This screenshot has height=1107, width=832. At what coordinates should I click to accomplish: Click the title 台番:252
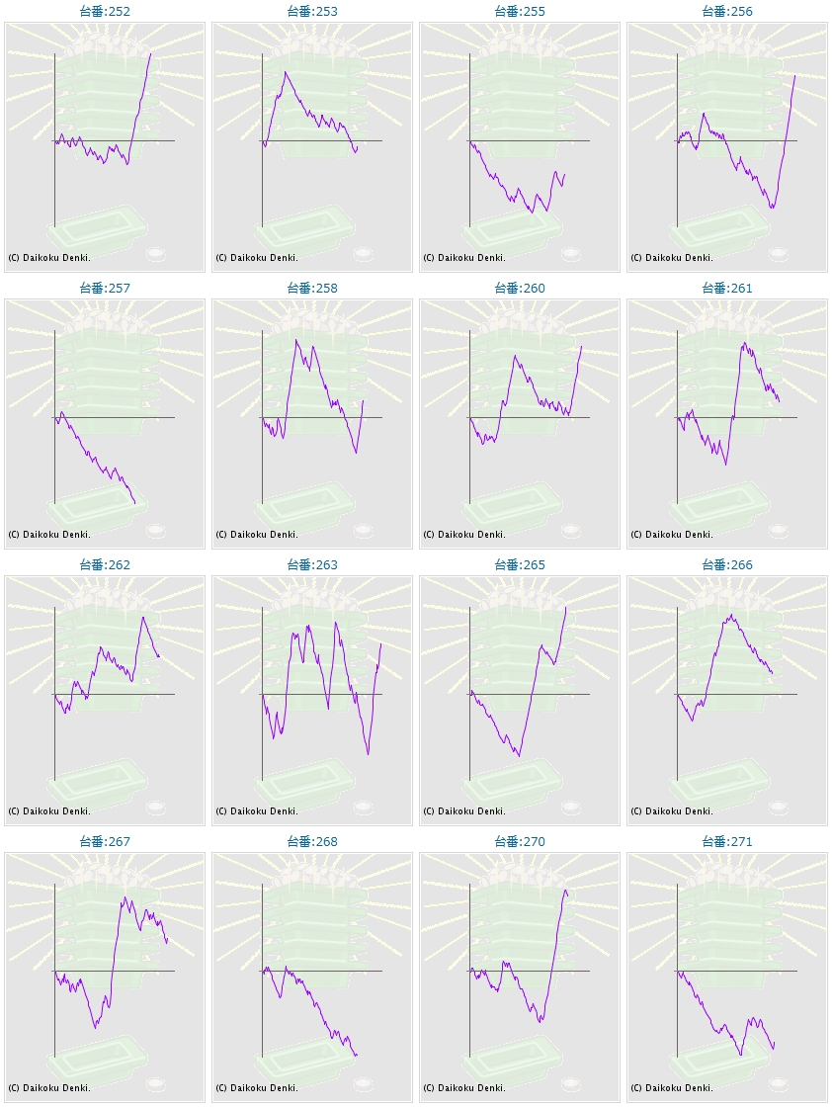click(105, 12)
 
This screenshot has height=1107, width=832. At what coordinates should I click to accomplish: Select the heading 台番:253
click(312, 12)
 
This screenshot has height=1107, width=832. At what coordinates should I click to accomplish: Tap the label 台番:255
click(520, 12)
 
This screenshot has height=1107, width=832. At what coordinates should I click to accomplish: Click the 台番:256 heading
click(727, 12)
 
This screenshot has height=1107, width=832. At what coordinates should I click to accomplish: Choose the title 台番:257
click(105, 289)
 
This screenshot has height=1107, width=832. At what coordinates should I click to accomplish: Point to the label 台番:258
click(312, 289)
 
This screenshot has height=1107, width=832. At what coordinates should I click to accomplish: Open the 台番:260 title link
click(520, 289)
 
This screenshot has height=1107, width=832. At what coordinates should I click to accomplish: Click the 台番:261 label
click(727, 289)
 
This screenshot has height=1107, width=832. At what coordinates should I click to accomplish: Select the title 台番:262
click(105, 565)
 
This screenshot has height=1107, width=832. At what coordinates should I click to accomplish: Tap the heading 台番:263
click(312, 565)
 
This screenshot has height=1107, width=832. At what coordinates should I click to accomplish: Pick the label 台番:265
click(520, 565)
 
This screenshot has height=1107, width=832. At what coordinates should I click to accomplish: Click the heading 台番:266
click(727, 565)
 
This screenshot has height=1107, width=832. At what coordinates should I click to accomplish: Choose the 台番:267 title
click(105, 842)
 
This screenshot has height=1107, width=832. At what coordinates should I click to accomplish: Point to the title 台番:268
click(312, 842)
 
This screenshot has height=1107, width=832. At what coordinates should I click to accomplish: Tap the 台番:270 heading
click(520, 842)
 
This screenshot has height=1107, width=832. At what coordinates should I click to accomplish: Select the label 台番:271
click(727, 842)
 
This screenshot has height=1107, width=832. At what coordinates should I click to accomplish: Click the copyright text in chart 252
click(49, 258)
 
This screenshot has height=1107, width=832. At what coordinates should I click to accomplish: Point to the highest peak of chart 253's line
click(286, 72)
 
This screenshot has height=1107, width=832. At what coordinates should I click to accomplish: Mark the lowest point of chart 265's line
click(518, 756)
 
